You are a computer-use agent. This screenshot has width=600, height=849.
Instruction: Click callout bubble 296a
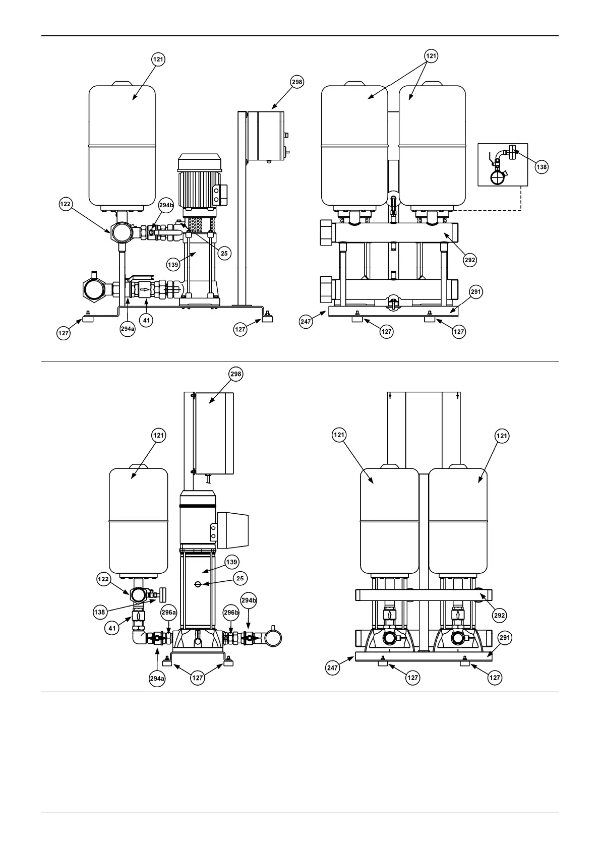(169, 613)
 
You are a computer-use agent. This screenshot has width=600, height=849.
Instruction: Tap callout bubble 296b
(231, 613)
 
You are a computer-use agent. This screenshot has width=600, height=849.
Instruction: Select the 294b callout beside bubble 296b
(249, 601)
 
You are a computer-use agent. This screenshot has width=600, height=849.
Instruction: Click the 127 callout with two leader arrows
(197, 678)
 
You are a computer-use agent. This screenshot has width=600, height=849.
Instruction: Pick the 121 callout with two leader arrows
(431, 56)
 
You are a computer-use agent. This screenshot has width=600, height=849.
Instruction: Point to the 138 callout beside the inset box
(541, 167)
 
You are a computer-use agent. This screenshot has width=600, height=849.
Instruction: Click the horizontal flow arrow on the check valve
(144, 289)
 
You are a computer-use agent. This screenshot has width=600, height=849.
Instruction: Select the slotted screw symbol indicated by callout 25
(198, 584)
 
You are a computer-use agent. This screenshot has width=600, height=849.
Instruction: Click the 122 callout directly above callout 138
(103, 579)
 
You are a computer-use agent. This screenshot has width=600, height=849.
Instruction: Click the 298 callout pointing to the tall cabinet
(235, 374)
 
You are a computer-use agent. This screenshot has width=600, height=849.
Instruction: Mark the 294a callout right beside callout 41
(128, 329)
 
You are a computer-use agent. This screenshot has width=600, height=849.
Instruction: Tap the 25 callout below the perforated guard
(224, 253)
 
